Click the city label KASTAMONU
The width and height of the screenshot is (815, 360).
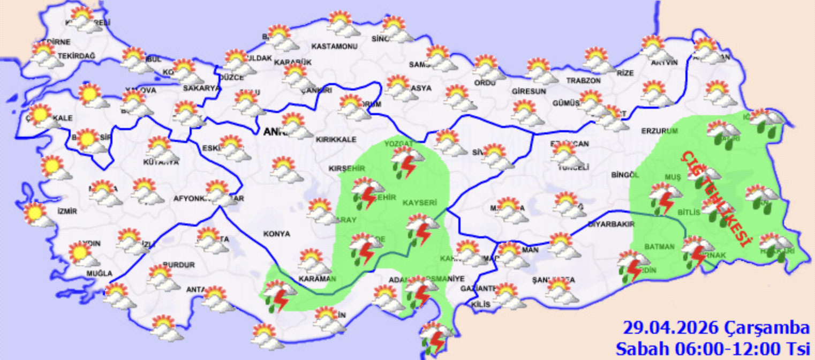334,47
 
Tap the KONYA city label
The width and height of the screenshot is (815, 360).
276,234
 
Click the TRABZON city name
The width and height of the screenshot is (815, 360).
584,81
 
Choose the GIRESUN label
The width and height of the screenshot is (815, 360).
529,91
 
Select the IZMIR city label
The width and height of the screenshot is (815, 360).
67,211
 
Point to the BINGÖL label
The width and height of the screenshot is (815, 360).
625,175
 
